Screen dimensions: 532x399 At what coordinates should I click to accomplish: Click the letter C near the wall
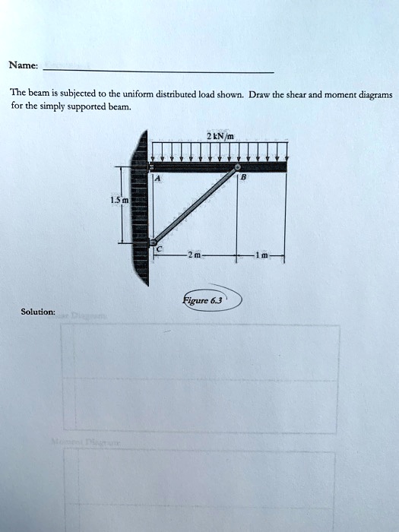coord(159,249)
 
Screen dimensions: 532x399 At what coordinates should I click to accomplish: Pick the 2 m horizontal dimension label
coord(195,256)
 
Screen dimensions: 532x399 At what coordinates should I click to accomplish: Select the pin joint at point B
coord(238,167)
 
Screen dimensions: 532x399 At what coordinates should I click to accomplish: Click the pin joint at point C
coord(152,241)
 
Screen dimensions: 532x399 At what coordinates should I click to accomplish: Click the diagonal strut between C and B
coord(195,204)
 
